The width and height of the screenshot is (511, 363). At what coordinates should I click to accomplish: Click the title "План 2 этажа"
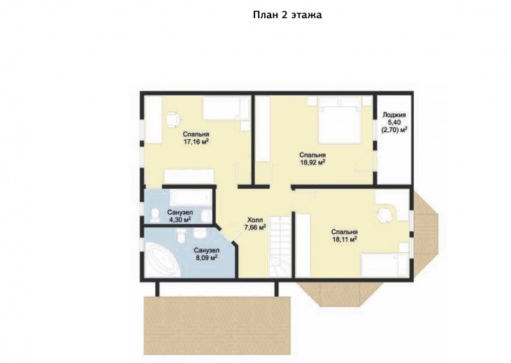coord(287,15)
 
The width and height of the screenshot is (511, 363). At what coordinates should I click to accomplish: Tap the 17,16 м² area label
coord(196,142)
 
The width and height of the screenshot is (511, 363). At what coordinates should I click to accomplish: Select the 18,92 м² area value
coord(312,162)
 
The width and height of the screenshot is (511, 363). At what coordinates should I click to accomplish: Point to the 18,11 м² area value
coord(345,239)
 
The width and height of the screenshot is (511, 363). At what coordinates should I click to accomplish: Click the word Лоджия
coord(394,115)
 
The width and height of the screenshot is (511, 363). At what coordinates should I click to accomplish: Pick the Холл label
coord(255,220)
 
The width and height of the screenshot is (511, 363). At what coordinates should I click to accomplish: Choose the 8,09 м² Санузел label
coord(207,254)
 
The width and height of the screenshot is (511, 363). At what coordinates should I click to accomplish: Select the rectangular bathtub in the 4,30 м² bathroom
coord(190,198)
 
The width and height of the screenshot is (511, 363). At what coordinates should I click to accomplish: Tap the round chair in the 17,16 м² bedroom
coord(172,119)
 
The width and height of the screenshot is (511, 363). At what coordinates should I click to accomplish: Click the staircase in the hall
coord(280,247)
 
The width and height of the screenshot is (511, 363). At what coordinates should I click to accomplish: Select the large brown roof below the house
coord(217,325)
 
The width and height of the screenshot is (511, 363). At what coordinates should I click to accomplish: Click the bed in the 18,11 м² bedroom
coord(384,266)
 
